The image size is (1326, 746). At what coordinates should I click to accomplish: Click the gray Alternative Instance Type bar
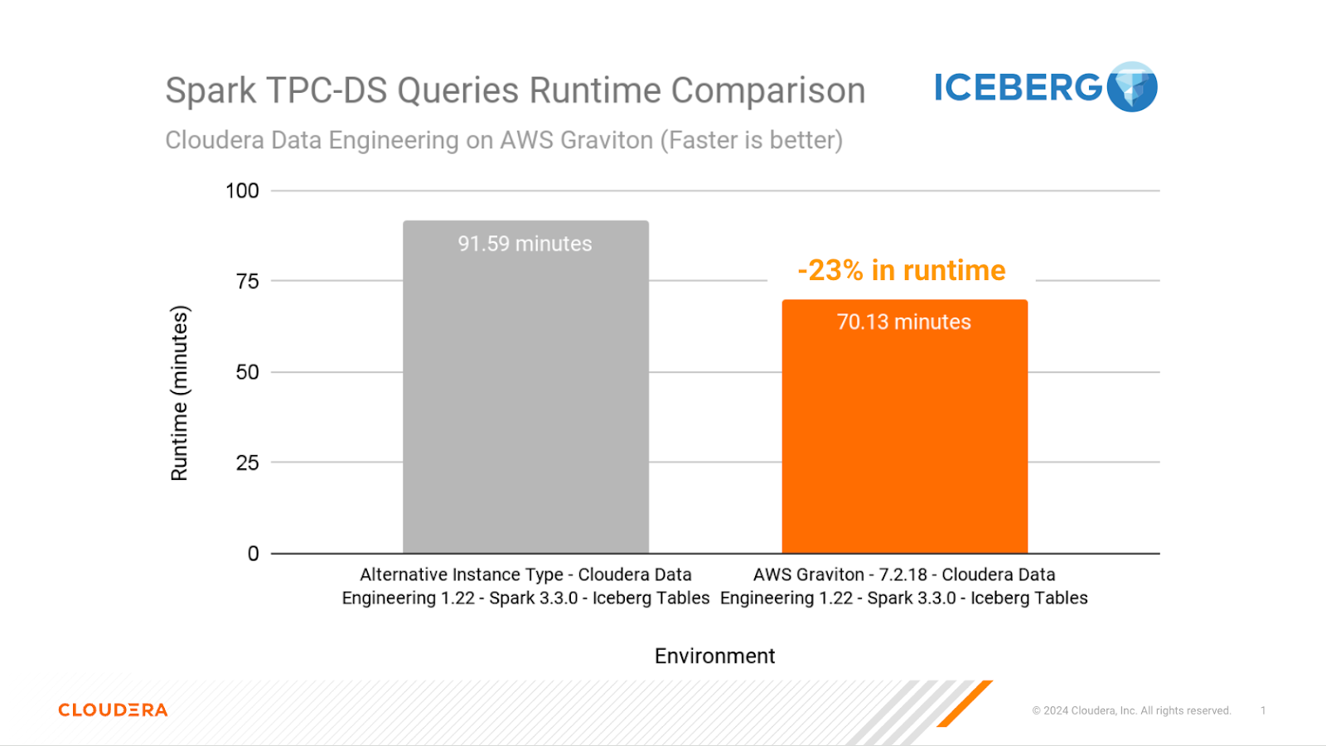[x=525, y=398]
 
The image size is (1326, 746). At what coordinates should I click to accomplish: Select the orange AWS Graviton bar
[x=904, y=439]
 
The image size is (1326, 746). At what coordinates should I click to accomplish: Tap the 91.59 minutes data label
[x=525, y=244]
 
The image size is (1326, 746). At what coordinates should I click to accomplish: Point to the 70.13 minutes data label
[x=904, y=322]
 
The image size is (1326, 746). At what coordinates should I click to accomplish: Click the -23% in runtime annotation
[x=902, y=270]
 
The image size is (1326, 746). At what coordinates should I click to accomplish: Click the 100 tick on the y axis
[x=242, y=191]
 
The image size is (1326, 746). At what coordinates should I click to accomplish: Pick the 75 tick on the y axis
[x=247, y=281]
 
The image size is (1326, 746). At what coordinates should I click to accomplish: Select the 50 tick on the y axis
[x=247, y=372]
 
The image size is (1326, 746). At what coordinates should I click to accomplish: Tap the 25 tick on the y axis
[x=247, y=463]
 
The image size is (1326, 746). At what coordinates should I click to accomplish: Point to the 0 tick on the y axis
[x=253, y=554]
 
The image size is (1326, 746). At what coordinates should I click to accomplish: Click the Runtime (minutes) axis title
[x=179, y=393]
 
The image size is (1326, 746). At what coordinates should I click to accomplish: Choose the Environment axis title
[x=714, y=656]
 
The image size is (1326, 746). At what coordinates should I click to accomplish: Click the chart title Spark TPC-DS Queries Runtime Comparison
[x=515, y=90]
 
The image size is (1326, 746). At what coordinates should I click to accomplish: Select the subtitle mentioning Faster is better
[x=504, y=140]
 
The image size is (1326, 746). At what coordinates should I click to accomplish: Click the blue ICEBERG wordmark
[x=1019, y=87]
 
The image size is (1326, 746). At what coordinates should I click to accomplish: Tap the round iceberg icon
[x=1132, y=87]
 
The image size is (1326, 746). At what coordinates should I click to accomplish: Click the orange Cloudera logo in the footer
[x=113, y=710]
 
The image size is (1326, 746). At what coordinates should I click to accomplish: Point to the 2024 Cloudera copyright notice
[x=1131, y=710]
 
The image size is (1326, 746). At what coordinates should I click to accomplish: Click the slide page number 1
[x=1263, y=710]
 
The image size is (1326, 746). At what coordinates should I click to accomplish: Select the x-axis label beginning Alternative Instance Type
[x=525, y=586]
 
